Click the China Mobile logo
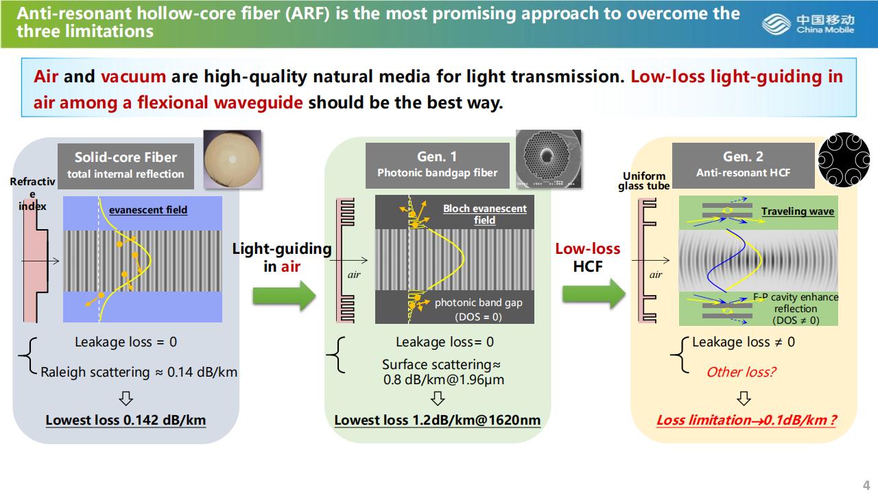pos(809,24)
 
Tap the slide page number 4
pos(866,484)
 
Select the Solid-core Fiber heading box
pos(126,166)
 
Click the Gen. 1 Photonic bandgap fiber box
pos(438,165)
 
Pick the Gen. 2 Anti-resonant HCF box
pos(743,165)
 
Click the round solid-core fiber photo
pos(233,158)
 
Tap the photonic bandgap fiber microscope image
pos(548,159)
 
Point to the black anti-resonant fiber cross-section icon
pos(844,160)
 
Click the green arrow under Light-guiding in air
pos(284,296)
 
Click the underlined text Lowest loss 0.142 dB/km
pos(126,420)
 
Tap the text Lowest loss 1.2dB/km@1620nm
pos(438,420)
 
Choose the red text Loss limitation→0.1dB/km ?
pos(746,420)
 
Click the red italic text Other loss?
pos(741,372)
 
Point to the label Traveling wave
pos(797,211)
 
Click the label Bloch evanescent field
pos(484,214)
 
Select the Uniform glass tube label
pos(643,181)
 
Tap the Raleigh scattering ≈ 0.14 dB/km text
pos(139,372)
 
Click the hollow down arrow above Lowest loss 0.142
pos(126,399)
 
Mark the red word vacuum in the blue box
pos(133,76)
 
